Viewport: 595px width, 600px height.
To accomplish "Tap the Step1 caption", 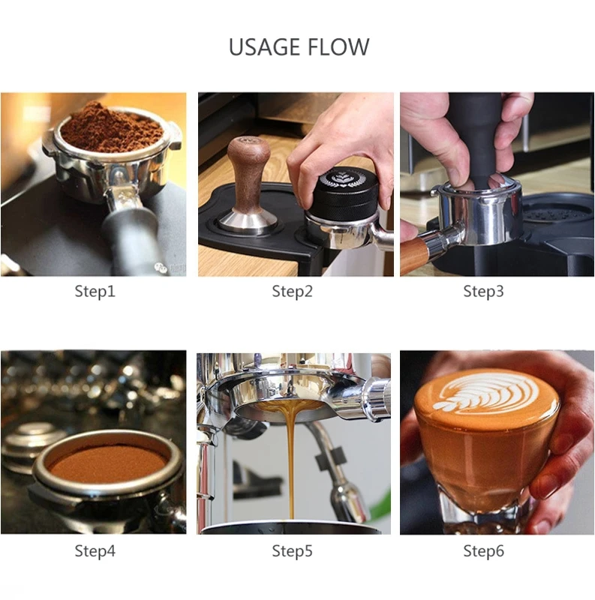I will coord(95,291).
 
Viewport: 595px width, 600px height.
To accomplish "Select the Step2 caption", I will coord(292,291).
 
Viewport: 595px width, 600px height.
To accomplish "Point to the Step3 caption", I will coord(484,291).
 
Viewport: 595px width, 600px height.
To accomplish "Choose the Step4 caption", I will coord(95,551).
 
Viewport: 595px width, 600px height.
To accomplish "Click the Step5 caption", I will coord(292,551).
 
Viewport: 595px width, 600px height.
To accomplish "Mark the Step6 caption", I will coord(484,551).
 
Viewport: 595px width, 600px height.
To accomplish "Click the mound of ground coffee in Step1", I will coord(111,128).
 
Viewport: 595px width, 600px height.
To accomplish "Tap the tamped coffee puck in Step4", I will coord(107,465).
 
